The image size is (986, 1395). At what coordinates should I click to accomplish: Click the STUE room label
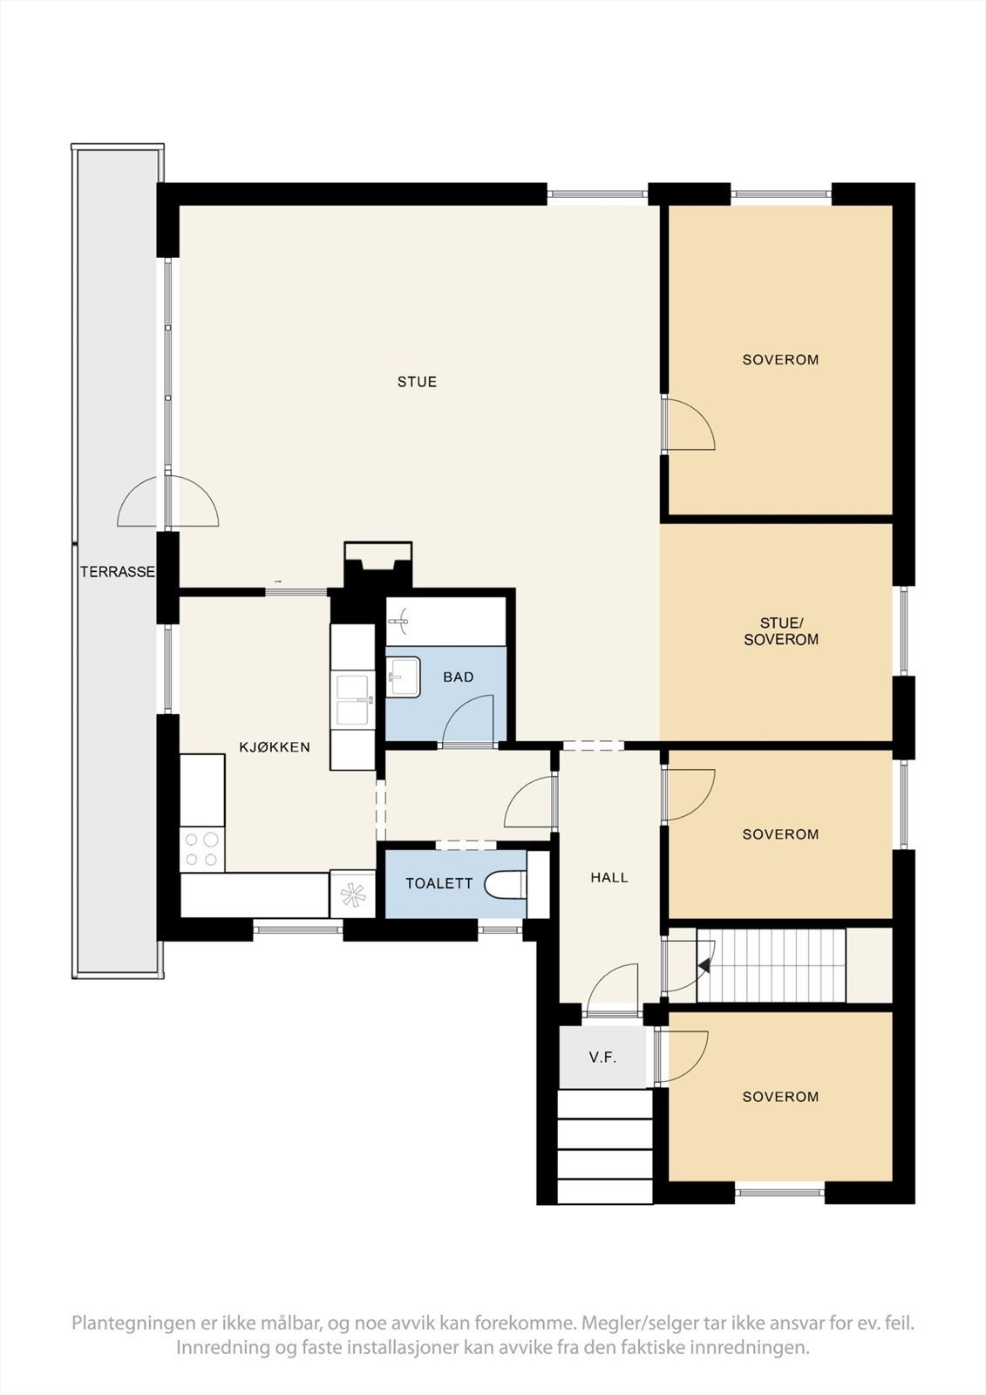click(417, 382)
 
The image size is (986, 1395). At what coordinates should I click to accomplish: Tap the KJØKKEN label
click(275, 747)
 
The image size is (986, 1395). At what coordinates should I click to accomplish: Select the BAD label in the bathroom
click(458, 677)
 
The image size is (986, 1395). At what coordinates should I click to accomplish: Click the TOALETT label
click(439, 883)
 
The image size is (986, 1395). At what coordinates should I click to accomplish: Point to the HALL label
click(609, 878)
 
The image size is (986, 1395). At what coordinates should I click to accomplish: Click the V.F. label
click(602, 1058)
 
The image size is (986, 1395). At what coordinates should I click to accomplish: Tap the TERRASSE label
click(118, 573)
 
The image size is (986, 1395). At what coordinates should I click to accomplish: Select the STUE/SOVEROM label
click(779, 631)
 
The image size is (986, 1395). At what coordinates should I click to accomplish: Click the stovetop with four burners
click(201, 849)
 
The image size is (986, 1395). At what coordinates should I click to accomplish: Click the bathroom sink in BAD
click(403, 677)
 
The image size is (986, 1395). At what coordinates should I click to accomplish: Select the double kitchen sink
click(352, 698)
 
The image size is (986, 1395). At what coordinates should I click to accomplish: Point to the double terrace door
click(167, 503)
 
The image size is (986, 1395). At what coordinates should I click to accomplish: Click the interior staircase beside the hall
click(774, 965)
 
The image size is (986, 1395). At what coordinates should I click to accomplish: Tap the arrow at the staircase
click(706, 963)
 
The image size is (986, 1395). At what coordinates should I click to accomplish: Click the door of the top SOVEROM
click(689, 425)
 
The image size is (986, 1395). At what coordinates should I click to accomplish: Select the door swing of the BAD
click(469, 719)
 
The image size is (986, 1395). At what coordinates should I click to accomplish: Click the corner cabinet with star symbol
click(352, 895)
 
